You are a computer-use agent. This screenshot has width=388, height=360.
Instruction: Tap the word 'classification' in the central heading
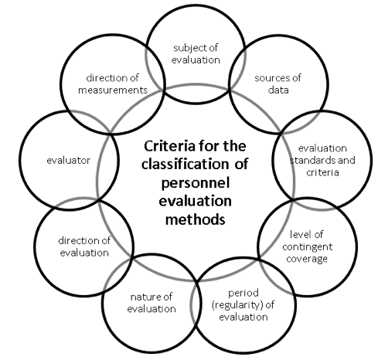tap(185, 164)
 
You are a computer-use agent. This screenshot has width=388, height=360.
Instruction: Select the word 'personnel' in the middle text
tap(196, 184)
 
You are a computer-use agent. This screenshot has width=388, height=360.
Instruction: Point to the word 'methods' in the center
tap(196, 219)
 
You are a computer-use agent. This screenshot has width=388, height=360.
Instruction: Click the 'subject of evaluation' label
tap(196, 54)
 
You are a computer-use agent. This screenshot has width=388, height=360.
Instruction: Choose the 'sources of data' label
tap(278, 84)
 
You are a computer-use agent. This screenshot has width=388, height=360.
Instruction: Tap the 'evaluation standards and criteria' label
tap(322, 160)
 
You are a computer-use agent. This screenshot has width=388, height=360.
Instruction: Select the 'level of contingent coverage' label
tap(307, 246)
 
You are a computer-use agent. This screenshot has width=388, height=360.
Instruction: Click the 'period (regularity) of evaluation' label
tap(243, 305)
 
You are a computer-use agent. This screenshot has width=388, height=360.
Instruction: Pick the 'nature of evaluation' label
tap(151, 303)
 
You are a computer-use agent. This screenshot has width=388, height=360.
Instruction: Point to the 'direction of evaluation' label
tap(84, 246)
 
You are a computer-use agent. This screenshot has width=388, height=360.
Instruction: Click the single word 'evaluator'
tap(69, 161)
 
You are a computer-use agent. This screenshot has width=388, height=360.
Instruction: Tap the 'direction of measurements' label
tap(113, 84)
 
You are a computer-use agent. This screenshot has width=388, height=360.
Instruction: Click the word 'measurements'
tap(113, 90)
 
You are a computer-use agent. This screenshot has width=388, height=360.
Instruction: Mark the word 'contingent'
tap(308, 247)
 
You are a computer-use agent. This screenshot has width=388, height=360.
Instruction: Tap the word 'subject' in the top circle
tap(189, 48)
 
